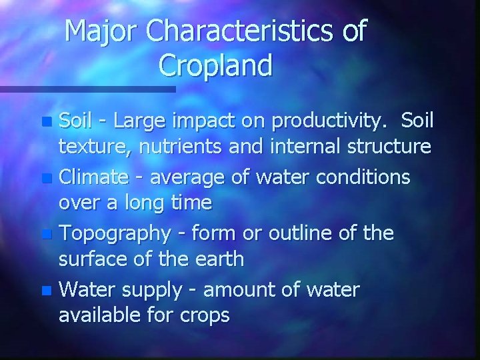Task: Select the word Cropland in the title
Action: (216, 65)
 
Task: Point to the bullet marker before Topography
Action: (45, 235)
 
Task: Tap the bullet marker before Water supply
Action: (45, 291)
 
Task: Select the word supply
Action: (154, 291)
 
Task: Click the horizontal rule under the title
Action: (87, 89)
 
